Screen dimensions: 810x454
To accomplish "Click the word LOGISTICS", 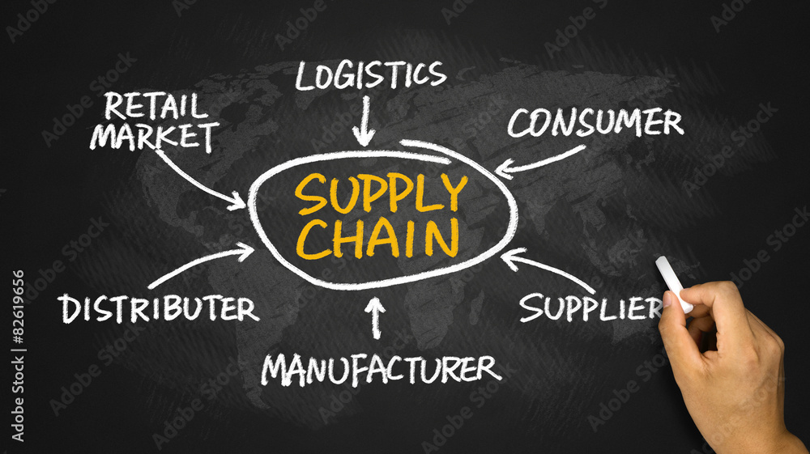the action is [x=371, y=75].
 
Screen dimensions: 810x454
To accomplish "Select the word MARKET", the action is [x=155, y=137].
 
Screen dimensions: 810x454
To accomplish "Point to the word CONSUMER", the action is [x=595, y=122].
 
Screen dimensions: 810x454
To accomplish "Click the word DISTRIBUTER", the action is [x=158, y=308].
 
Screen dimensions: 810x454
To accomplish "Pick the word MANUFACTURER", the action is [x=381, y=369].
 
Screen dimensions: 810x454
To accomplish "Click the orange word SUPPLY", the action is [x=382, y=193].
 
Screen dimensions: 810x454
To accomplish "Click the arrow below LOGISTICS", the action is [x=365, y=121].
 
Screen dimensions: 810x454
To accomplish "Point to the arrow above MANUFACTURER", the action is [x=376, y=317].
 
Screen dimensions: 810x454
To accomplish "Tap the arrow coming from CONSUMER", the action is [x=539, y=163].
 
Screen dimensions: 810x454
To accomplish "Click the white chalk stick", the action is [x=674, y=284].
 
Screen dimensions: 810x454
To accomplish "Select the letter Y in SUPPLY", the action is [x=453, y=193].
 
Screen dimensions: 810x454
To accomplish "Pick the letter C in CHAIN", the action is [x=313, y=240].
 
